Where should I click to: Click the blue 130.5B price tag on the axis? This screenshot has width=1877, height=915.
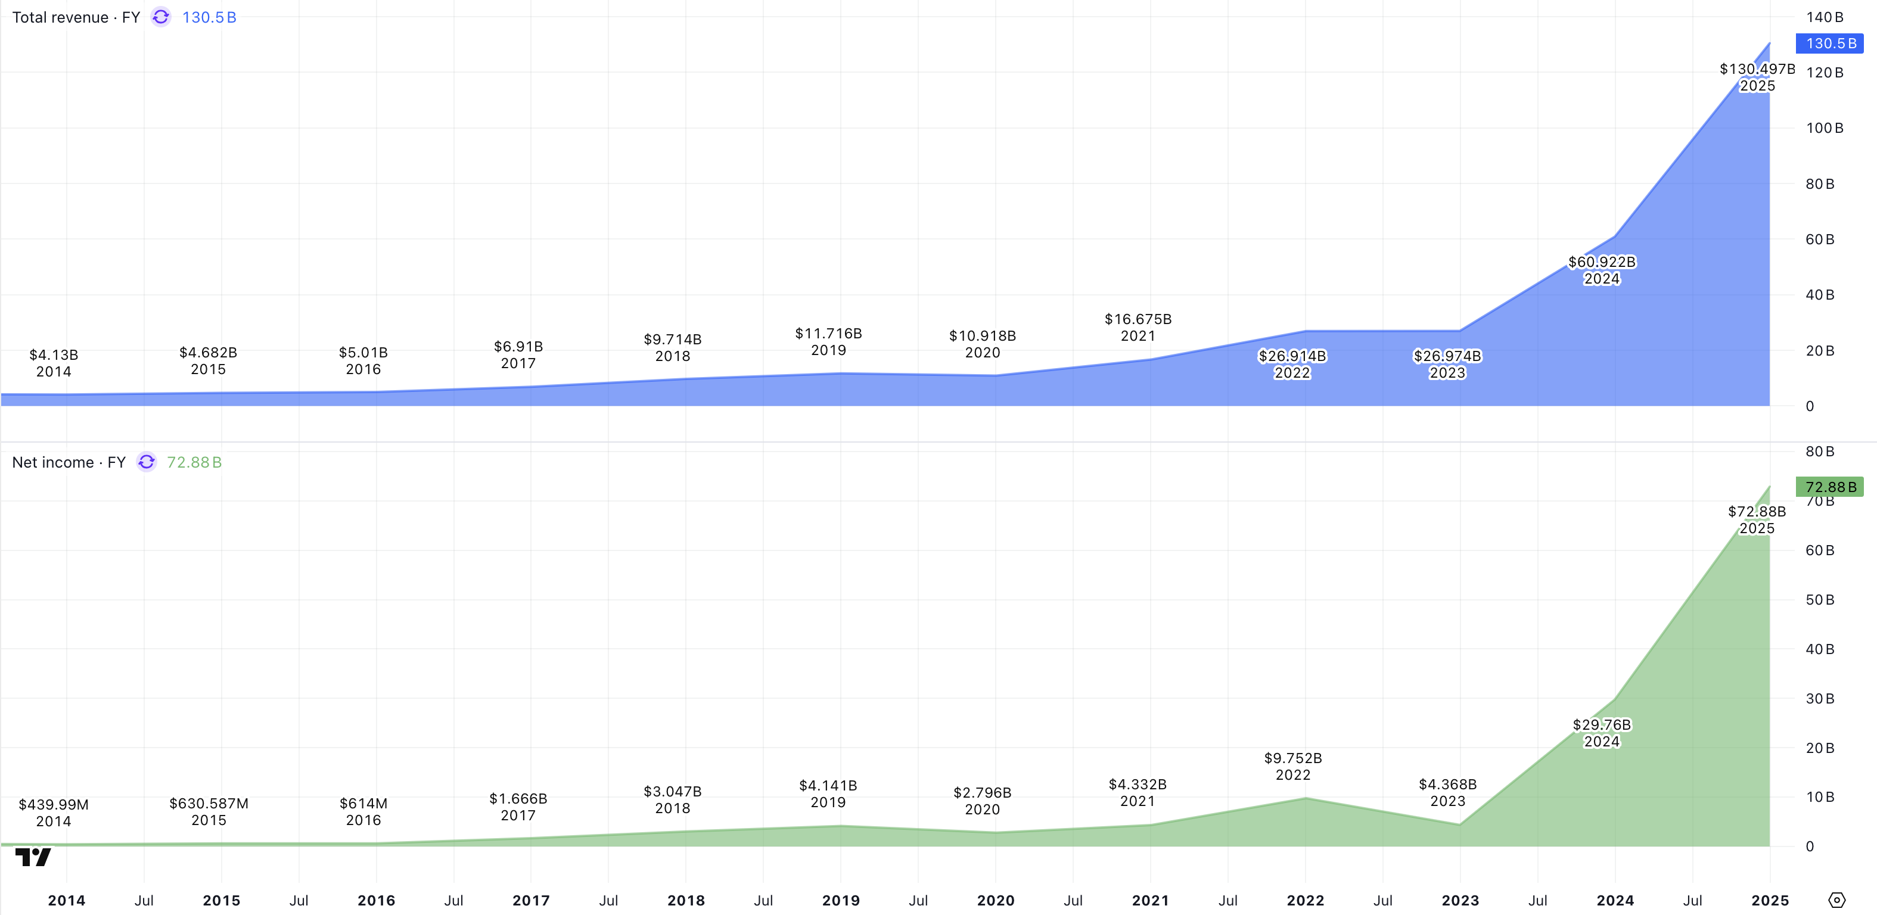pyautogui.click(x=1830, y=43)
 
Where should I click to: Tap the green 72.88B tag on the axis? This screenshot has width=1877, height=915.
pyautogui.click(x=1830, y=487)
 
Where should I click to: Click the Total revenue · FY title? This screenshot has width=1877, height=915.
pyautogui.click(x=76, y=17)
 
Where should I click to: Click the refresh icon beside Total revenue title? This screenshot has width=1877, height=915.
pyautogui.click(x=161, y=17)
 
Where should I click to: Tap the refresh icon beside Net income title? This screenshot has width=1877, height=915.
pyautogui.click(x=147, y=462)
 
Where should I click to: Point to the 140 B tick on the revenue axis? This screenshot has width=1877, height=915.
pyautogui.click(x=1824, y=17)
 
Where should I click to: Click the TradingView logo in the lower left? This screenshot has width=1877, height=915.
pyautogui.click(x=33, y=857)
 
